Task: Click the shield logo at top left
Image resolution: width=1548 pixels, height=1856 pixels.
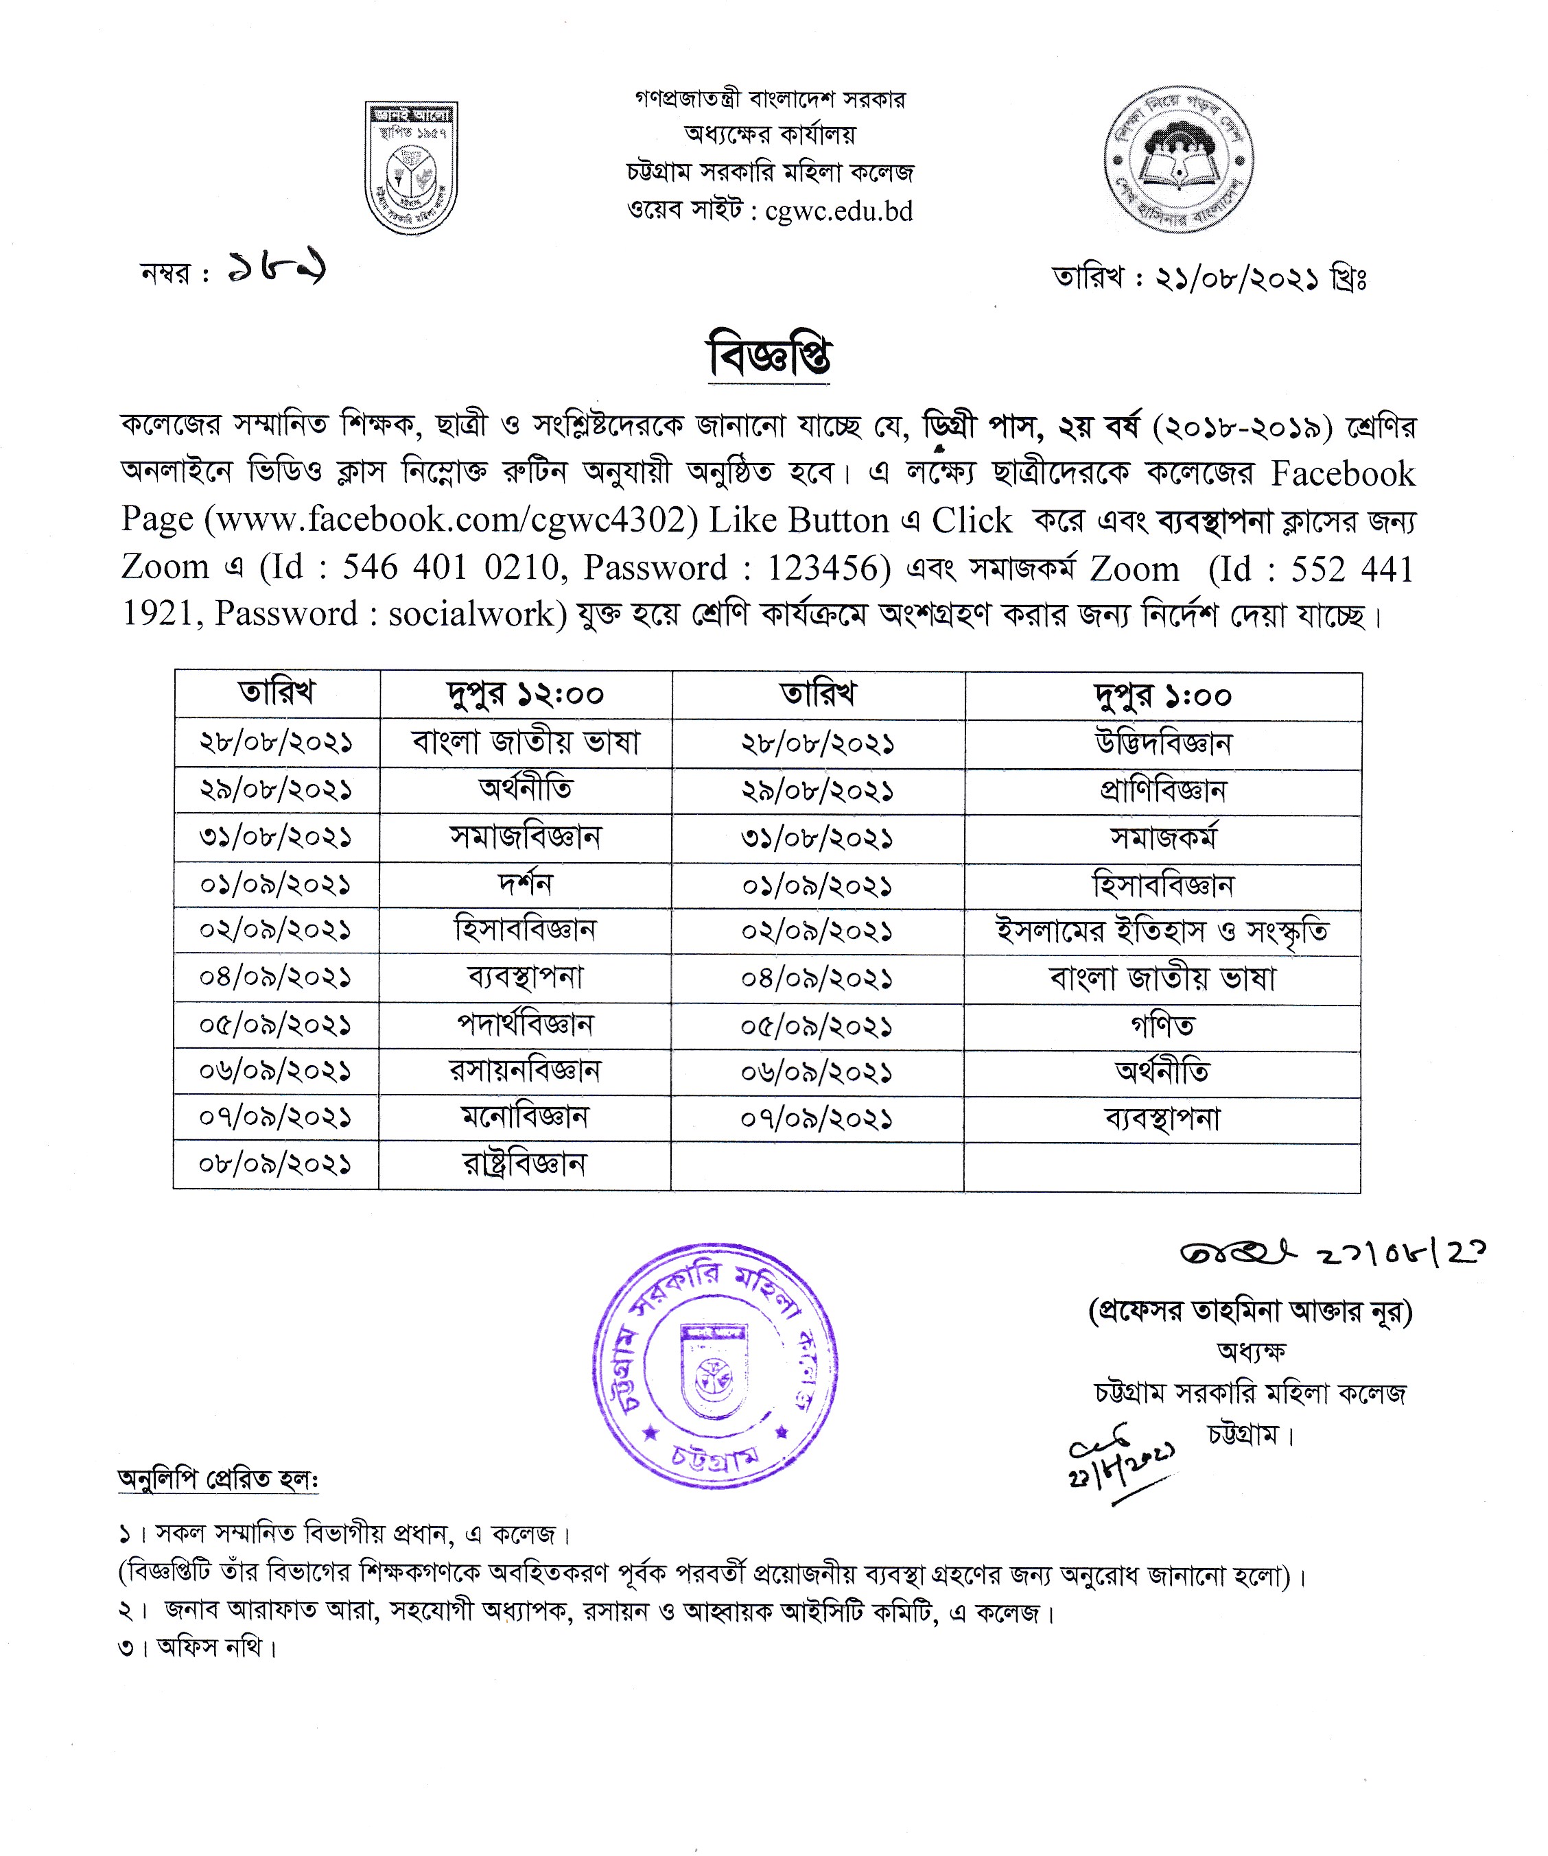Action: coord(411,168)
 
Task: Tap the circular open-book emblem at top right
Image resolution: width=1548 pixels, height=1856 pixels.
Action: coord(1178,160)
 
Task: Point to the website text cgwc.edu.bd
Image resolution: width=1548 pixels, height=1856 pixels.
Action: coord(839,212)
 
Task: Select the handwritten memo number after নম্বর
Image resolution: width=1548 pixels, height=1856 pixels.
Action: coord(276,266)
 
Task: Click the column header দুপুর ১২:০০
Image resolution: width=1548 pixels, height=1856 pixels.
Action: coord(525,695)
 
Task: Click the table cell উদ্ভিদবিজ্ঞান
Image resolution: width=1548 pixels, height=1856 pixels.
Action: coord(1162,743)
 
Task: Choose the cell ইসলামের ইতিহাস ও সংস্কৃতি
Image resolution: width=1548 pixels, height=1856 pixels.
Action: coord(1162,931)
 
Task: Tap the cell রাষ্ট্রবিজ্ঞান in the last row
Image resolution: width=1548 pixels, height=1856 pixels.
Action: coord(524,1164)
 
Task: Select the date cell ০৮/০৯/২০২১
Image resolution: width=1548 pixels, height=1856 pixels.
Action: coord(276,1164)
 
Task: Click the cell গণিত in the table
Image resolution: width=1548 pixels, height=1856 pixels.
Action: coord(1162,1025)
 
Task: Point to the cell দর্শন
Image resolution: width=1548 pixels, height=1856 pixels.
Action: coord(524,884)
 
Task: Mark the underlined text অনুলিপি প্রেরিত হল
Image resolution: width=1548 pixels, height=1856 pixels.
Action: coord(218,1479)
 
